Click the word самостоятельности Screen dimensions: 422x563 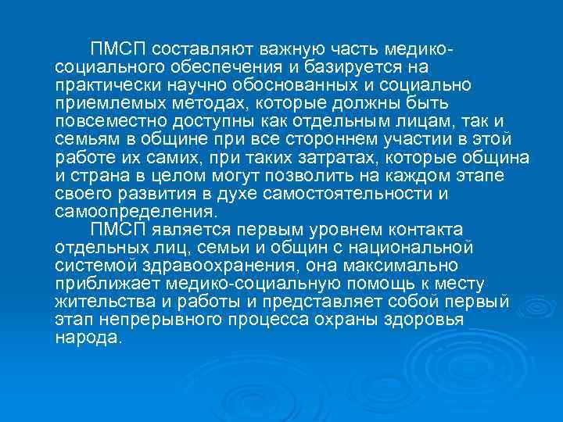[x=340, y=192]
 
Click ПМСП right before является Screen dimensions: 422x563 [x=115, y=228]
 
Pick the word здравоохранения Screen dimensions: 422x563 [x=202, y=264]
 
